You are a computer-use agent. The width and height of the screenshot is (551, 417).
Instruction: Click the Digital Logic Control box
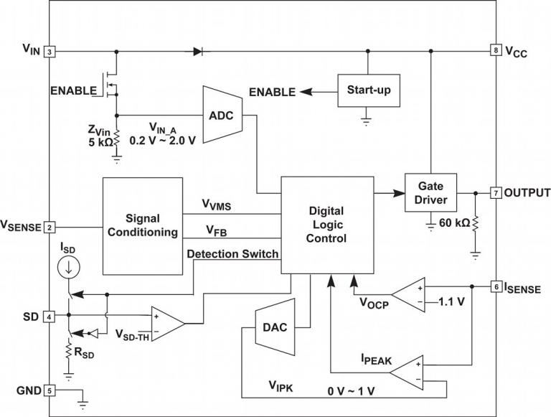pos(326,224)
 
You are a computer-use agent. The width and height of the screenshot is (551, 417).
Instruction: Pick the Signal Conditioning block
pos(141,224)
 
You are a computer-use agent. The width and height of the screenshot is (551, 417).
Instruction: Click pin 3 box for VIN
pos(50,52)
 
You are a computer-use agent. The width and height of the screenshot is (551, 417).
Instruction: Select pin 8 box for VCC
pos(496,51)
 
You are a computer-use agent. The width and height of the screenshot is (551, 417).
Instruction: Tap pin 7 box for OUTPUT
pos(496,193)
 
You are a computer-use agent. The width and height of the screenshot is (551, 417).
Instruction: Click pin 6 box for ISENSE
pos(496,287)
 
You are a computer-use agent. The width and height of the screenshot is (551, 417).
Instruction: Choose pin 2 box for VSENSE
pos(50,228)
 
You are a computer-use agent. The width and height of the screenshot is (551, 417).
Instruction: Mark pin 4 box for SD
pos(50,317)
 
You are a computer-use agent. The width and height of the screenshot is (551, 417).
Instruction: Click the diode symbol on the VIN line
pos(197,52)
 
